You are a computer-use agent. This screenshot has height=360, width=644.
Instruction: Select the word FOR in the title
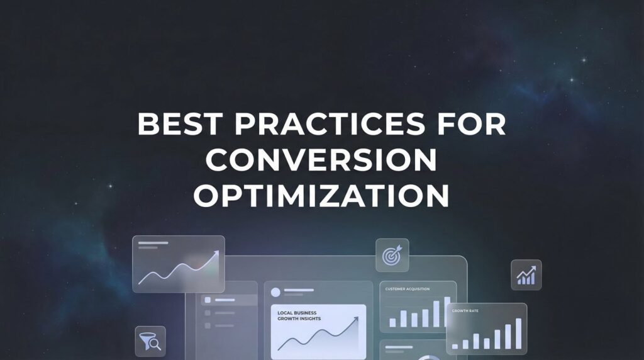coord(475,123)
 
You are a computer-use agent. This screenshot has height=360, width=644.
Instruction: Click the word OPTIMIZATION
coord(321,196)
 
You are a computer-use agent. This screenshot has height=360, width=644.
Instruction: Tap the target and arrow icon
coord(392,255)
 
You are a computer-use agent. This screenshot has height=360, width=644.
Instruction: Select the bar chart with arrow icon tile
coord(526,275)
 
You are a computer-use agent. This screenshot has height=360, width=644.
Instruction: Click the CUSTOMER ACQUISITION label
coord(408,289)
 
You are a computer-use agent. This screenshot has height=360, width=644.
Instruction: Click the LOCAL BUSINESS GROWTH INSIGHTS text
coord(299,316)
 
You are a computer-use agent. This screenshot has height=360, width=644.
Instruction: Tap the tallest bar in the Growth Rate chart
coord(518,333)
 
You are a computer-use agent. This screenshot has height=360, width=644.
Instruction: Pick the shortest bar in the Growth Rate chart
coord(455,346)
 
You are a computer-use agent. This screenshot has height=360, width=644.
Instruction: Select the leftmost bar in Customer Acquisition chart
coord(392,322)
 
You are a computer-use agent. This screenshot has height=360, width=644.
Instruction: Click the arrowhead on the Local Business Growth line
coord(356,319)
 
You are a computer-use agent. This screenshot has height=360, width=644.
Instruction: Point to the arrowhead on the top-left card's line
coord(216,253)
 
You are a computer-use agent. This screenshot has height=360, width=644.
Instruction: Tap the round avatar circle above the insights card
coord(275,292)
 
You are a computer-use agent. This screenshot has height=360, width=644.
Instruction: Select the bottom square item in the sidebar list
coord(207,326)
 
